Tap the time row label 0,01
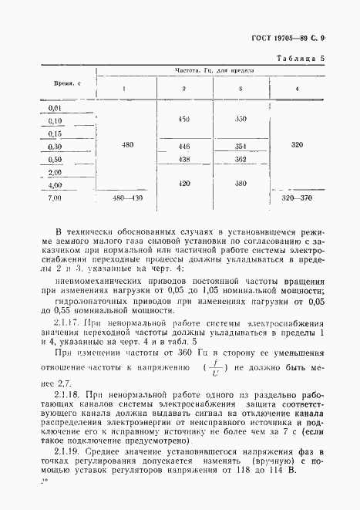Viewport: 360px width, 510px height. click(55, 108)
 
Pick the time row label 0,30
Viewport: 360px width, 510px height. click(55, 146)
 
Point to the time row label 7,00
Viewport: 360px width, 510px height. click(55, 198)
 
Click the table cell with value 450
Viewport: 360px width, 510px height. click(183, 120)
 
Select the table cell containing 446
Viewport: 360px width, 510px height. click(183, 146)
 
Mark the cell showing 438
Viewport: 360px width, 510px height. click(183, 159)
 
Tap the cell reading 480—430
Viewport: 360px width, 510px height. click(127, 198)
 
